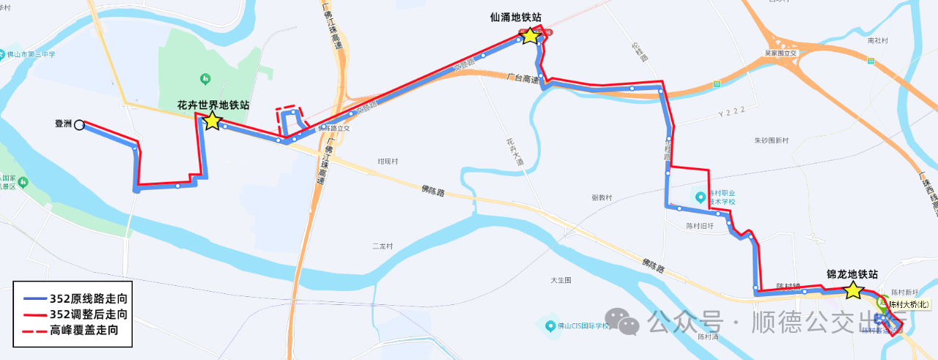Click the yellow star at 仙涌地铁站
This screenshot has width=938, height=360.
tap(530, 36)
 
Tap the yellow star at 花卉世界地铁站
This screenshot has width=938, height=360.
tap(212, 121)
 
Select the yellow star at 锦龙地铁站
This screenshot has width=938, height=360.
tap(853, 290)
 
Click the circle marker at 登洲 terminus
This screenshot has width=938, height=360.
tap(79, 125)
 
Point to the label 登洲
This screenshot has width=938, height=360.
tap(64, 124)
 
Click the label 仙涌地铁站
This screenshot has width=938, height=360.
tap(520, 17)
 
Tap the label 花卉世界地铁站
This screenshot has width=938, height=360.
tap(213, 105)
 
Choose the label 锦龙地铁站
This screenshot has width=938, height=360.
tap(852, 274)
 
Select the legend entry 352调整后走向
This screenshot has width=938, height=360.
tap(88, 314)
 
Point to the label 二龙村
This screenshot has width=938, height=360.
tap(383, 246)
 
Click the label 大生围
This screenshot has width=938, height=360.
tap(561, 280)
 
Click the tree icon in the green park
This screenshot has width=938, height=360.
tap(206, 77)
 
